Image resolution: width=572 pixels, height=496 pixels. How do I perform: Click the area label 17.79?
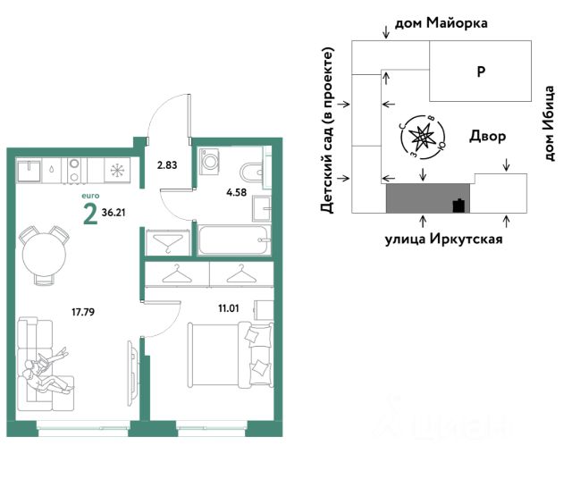coord(83,312)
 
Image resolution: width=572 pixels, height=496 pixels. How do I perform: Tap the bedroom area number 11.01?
coord(229,308)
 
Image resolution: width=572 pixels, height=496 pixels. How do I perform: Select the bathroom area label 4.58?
coord(236,192)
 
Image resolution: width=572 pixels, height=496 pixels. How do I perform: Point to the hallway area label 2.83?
coord(167,165)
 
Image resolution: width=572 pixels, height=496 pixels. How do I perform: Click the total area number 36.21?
coord(114,213)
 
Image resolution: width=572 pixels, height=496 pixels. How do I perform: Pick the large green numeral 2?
coord(90,214)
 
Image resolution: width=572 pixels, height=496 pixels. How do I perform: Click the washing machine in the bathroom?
coord(209,161)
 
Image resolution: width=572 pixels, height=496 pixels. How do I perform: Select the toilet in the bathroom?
coord(252,172)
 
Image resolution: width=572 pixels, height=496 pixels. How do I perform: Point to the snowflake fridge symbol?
coord(117,170)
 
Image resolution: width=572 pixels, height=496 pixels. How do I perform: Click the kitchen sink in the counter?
coord(29,170)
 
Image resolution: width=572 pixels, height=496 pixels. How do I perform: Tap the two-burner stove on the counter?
coord(74,170)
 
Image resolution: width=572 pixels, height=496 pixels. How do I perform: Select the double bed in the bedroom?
coord(231,355)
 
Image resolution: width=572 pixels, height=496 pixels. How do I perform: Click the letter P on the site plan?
coord(481,71)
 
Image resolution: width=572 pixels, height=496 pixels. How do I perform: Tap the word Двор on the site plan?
coord(487,136)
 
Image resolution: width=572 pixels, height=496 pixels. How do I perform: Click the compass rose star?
coord(422,137)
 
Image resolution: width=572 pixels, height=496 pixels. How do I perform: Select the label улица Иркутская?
coord(444,239)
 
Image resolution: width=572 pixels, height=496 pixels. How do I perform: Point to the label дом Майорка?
coord(442,23)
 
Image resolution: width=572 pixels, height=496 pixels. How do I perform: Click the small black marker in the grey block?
coord(458,206)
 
